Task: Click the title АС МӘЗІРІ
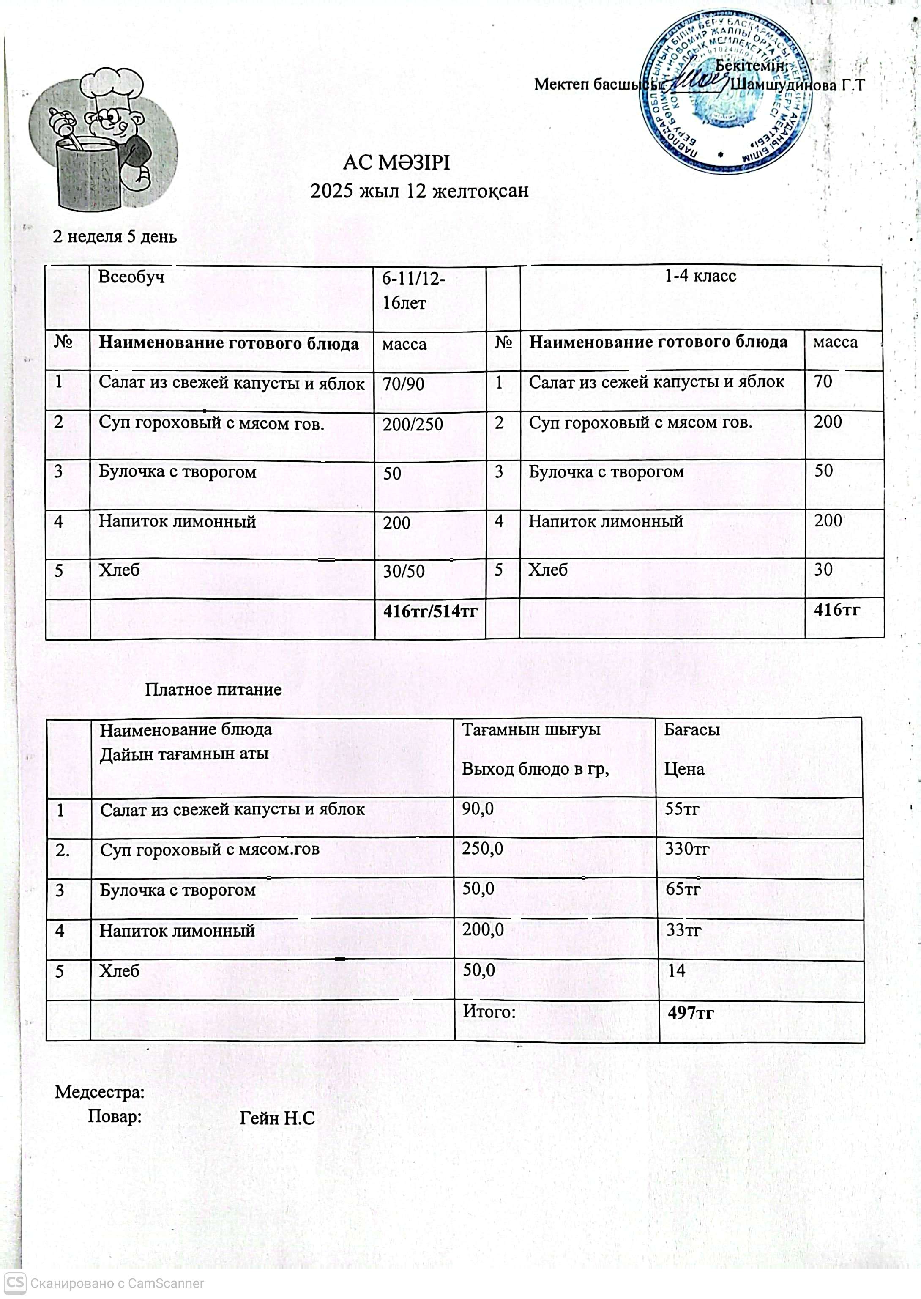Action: click(x=396, y=163)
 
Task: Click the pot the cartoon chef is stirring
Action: click(x=88, y=173)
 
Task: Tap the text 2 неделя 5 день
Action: click(x=115, y=236)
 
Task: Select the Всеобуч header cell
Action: click(x=131, y=277)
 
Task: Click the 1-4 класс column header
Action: click(x=700, y=276)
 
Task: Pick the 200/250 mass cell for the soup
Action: click(x=412, y=424)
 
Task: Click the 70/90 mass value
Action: click(x=403, y=384)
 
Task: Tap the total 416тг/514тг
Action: click(x=430, y=611)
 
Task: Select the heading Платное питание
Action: click(x=213, y=690)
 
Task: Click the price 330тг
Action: click(x=687, y=849)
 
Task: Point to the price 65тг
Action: click(x=683, y=889)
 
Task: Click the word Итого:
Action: click(x=489, y=1011)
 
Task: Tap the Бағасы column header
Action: click(x=691, y=730)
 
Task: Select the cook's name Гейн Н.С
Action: click(x=277, y=1118)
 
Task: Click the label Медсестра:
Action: click(x=99, y=1093)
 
